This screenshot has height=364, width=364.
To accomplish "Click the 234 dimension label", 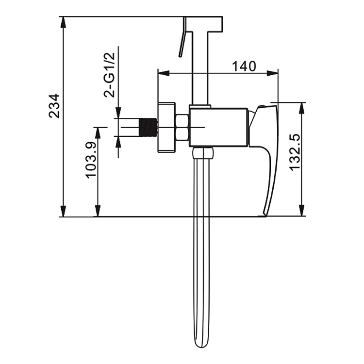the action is click(x=54, y=106).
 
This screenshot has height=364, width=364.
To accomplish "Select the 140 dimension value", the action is click(x=244, y=66).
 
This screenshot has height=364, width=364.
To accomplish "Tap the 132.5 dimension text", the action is click(x=295, y=152).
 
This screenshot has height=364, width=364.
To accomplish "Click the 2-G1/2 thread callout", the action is click(x=109, y=75).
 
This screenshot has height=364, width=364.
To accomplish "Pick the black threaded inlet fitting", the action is click(x=148, y=128).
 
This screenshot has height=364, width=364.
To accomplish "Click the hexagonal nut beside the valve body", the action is click(x=182, y=128).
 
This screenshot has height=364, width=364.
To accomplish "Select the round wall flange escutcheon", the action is click(x=166, y=127).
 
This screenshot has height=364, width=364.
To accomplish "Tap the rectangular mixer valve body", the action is click(x=219, y=128).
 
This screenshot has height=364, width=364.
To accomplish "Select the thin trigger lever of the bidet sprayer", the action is click(x=182, y=37).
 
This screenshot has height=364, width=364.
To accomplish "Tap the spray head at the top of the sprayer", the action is click(x=204, y=24).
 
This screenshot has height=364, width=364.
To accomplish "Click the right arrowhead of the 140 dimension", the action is click(x=272, y=73).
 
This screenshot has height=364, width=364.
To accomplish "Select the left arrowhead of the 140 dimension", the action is click(x=163, y=73).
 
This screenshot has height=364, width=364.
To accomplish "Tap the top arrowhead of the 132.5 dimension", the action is click(x=302, y=108).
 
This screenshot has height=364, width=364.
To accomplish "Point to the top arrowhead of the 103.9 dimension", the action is click(x=98, y=133).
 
